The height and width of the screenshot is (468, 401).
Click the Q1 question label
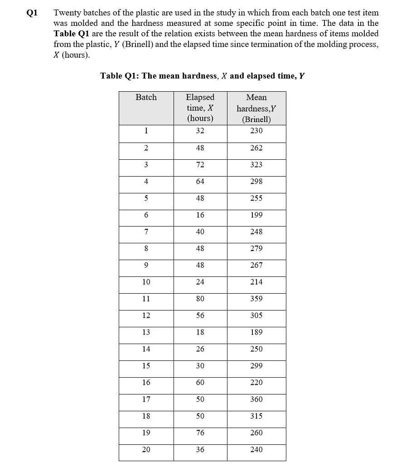coord(30,13)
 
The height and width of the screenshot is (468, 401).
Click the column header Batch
coord(146,97)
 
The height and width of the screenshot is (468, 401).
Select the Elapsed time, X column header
coord(200,108)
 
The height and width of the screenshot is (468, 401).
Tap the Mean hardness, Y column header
coord(256,108)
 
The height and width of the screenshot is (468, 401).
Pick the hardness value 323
coord(256,165)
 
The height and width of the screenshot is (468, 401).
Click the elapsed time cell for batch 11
coord(200,299)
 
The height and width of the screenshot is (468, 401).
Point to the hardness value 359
coord(256,299)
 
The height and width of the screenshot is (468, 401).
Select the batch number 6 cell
coord(146,215)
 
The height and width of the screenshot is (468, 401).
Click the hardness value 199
coord(256,215)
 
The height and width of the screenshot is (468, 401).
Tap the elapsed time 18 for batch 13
coord(200,332)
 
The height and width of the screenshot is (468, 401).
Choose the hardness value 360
coord(256,399)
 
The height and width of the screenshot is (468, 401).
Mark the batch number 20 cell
coord(146,449)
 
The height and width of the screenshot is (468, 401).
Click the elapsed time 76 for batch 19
coord(200,433)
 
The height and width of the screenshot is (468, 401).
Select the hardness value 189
coord(256,332)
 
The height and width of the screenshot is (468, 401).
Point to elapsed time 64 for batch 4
coord(200,182)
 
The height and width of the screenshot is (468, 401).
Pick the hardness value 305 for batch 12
coord(256,315)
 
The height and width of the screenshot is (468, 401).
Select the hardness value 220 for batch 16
coord(256,383)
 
